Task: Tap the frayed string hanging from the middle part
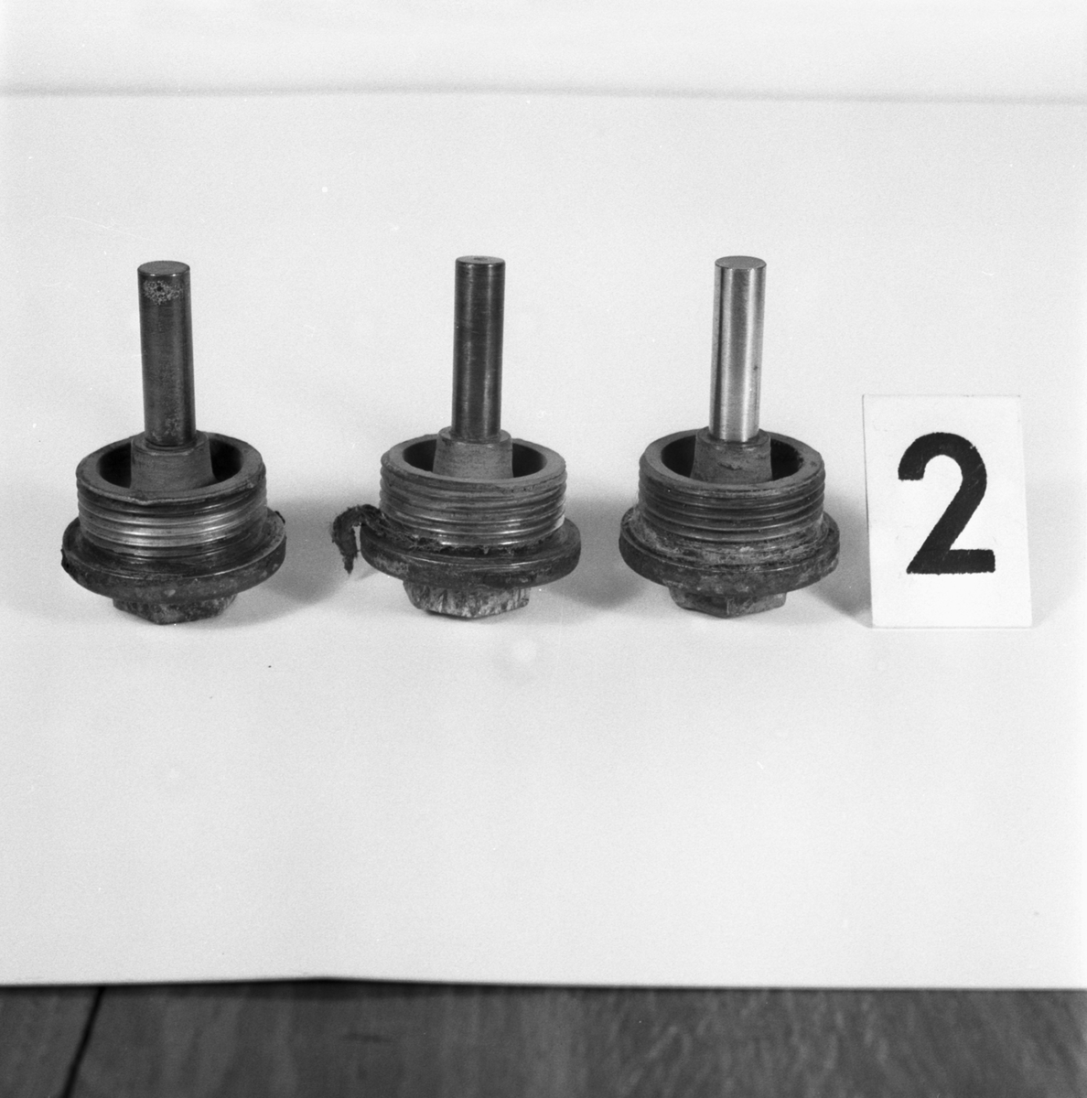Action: tap(344, 535)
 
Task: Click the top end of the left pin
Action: tap(164, 269)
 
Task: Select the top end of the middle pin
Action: tap(479, 264)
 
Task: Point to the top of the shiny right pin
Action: tap(740, 264)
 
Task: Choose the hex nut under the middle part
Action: tap(468, 603)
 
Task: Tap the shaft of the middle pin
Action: tap(479, 348)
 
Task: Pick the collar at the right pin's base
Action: tap(732, 456)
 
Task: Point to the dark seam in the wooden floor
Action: tap(85, 1043)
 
